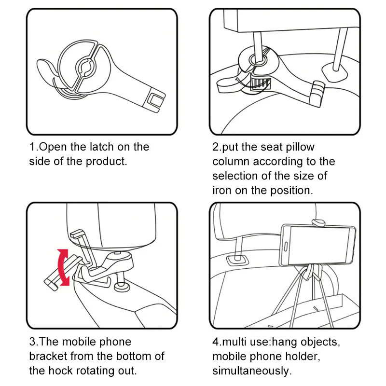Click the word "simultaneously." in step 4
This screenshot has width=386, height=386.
(252, 371)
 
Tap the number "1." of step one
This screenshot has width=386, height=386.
(33, 147)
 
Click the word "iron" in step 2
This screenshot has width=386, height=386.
(222, 190)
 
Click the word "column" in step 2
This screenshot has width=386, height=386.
(231, 161)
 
